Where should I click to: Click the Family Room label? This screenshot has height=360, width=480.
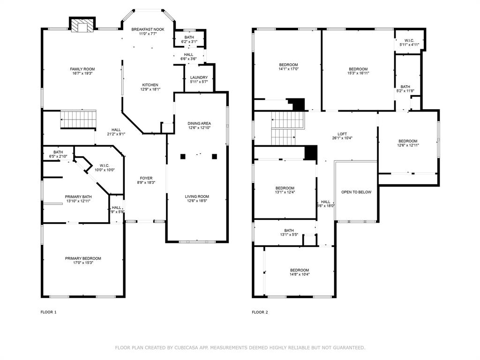pos(82,69)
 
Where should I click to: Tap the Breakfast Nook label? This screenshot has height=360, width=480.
pos(148,30)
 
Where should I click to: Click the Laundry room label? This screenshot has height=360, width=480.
pos(199,77)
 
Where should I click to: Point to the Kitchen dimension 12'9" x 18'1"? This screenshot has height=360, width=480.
pos(150,90)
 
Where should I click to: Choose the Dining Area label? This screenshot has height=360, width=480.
pos(199,123)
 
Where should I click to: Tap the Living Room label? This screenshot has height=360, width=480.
pos(197,196)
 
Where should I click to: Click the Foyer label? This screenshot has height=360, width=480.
pos(146,178)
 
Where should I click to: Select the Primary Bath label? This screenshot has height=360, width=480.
pos(78,197)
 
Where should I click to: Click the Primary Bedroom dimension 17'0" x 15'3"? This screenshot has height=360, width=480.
pos(83,262)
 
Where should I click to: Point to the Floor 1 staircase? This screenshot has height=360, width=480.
pos(78,120)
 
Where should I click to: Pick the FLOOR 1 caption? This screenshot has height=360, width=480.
pos(49,312)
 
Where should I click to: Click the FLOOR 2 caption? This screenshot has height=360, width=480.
pos(260,312)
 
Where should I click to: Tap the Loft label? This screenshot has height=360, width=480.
pos(342,134)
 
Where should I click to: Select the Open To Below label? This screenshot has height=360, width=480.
pos(356,192)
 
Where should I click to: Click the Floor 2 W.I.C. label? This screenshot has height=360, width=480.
pos(409,41)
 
